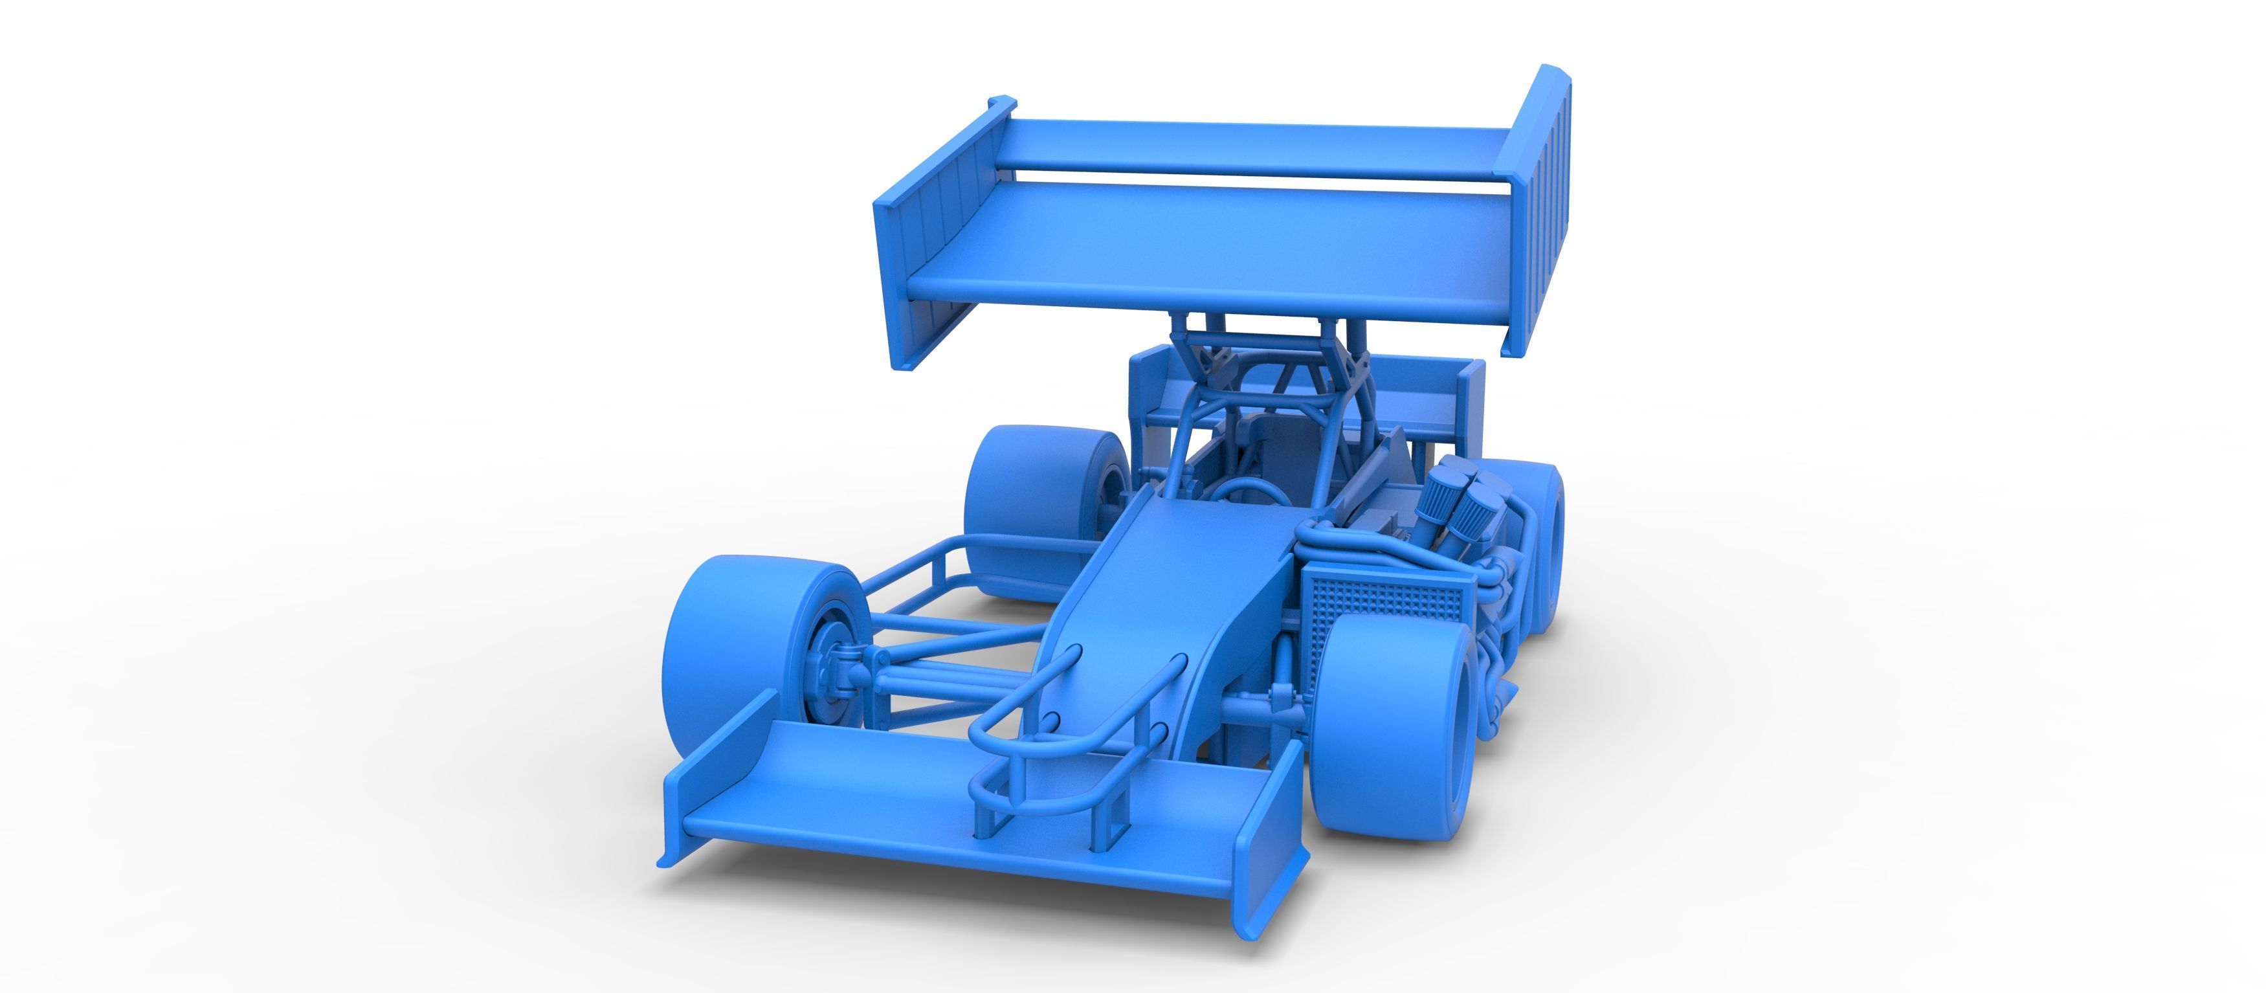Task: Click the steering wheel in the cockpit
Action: click(1254, 492)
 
